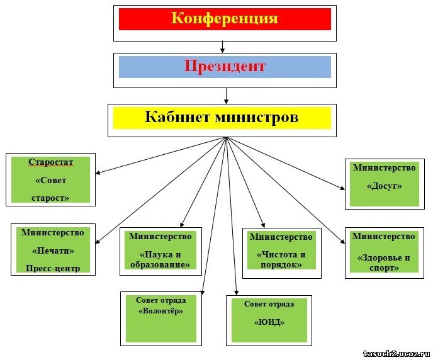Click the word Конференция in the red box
[x=224, y=19]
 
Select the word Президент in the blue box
[x=225, y=67]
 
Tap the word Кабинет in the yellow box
[x=177, y=116]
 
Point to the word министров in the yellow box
[x=257, y=117]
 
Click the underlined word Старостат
[x=50, y=162]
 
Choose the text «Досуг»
[x=384, y=186]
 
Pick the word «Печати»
[x=53, y=250]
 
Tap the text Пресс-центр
[x=53, y=268]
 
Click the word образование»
[x=160, y=264]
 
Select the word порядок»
[x=281, y=264]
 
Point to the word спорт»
[x=384, y=267]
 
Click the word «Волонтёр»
[x=160, y=311]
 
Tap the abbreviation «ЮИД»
[x=269, y=322]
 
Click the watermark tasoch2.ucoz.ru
[x=397, y=354]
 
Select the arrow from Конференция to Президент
[x=222, y=47]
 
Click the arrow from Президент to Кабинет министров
[x=226, y=96]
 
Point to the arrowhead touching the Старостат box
[x=98, y=173]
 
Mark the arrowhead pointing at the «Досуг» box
[x=342, y=188]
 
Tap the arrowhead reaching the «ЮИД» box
[x=236, y=293]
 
